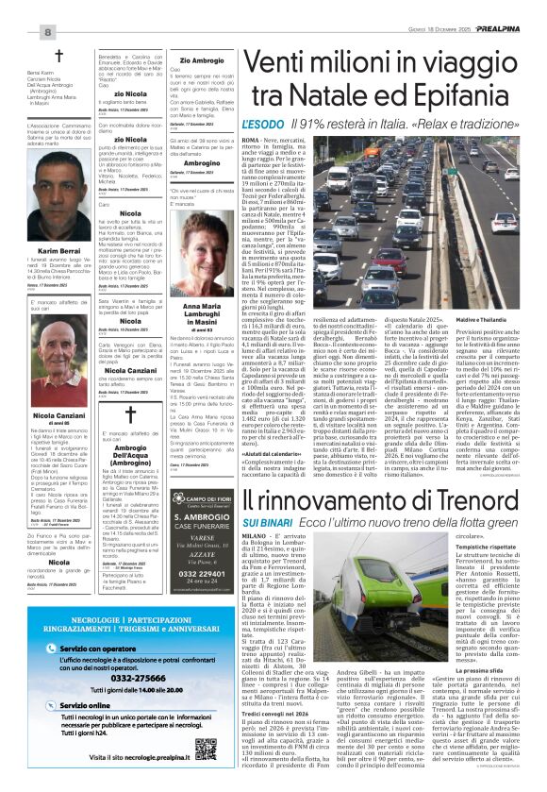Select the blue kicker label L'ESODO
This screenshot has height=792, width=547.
[x=262, y=124]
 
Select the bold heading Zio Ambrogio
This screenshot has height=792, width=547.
[x=202, y=59]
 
